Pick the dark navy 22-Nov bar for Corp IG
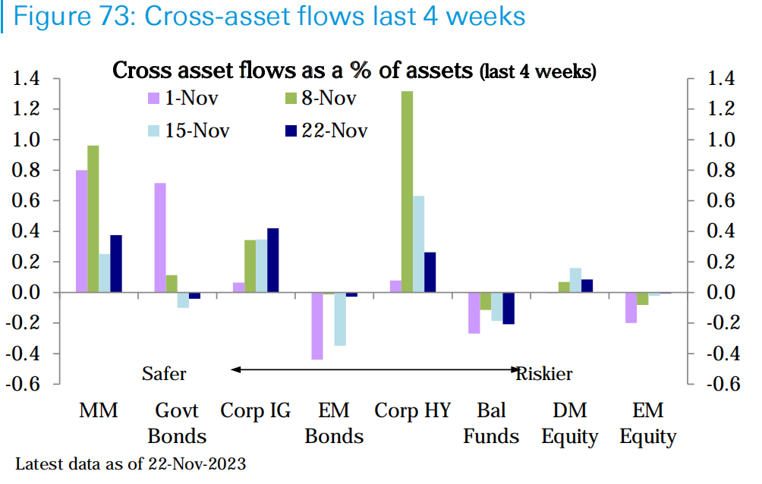pos(273,260)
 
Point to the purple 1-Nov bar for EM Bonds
pos(317,326)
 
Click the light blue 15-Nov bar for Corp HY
pos(418,244)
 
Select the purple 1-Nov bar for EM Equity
pos(631,308)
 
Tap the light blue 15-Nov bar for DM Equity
pos(575,280)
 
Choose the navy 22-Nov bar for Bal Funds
pos(509,308)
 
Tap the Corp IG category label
pos(256,411)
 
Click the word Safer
pos(164,373)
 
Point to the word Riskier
pos(544,373)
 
